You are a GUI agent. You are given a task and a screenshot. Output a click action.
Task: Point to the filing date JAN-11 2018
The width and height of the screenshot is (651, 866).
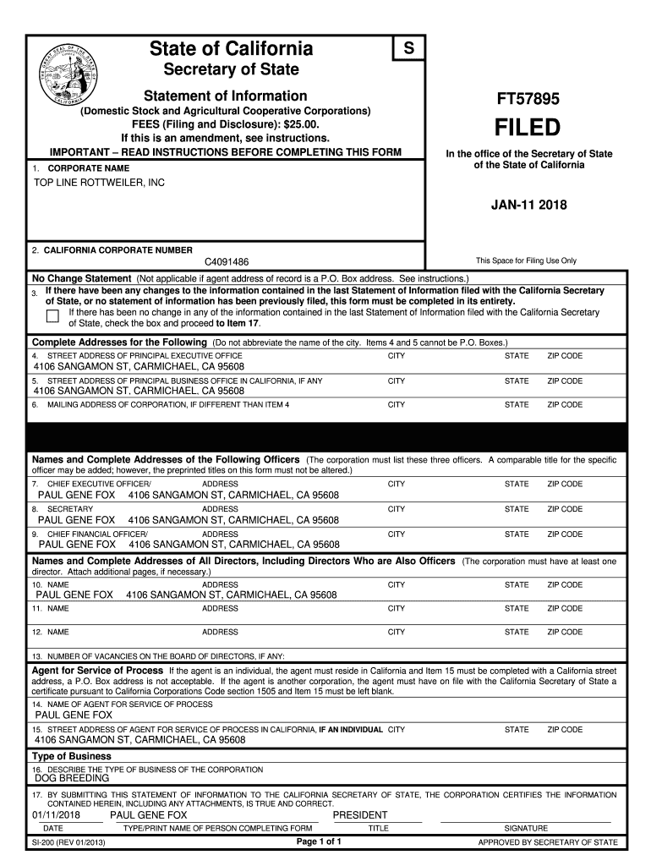(528, 205)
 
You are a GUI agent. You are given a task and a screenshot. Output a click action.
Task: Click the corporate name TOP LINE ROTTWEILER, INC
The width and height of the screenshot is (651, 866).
(99, 183)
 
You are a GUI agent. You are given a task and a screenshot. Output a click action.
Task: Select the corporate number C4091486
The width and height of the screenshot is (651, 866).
(227, 263)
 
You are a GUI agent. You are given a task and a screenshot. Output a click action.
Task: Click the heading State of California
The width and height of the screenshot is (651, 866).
(231, 48)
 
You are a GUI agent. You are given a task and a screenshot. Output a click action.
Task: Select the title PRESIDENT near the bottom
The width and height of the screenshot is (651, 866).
(360, 815)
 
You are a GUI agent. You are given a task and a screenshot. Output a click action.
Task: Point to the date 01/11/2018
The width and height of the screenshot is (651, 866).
(56, 815)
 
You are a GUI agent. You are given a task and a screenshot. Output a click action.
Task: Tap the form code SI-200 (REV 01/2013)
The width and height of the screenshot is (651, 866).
(68, 842)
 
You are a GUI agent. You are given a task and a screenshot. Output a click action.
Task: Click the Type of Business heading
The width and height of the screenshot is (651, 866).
(72, 756)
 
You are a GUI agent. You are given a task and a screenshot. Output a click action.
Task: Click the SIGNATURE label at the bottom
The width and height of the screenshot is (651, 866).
(526, 828)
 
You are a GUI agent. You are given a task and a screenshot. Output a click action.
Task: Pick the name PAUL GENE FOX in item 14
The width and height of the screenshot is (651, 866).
(73, 715)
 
